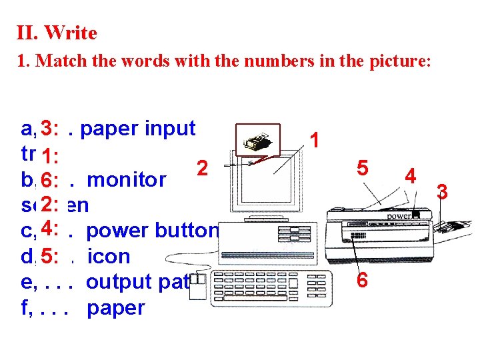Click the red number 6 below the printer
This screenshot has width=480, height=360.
coord(361,280)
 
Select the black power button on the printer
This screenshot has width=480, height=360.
coord(417,215)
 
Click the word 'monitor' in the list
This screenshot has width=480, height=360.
coord(127,179)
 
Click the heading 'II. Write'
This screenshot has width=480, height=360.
coord(57,33)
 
